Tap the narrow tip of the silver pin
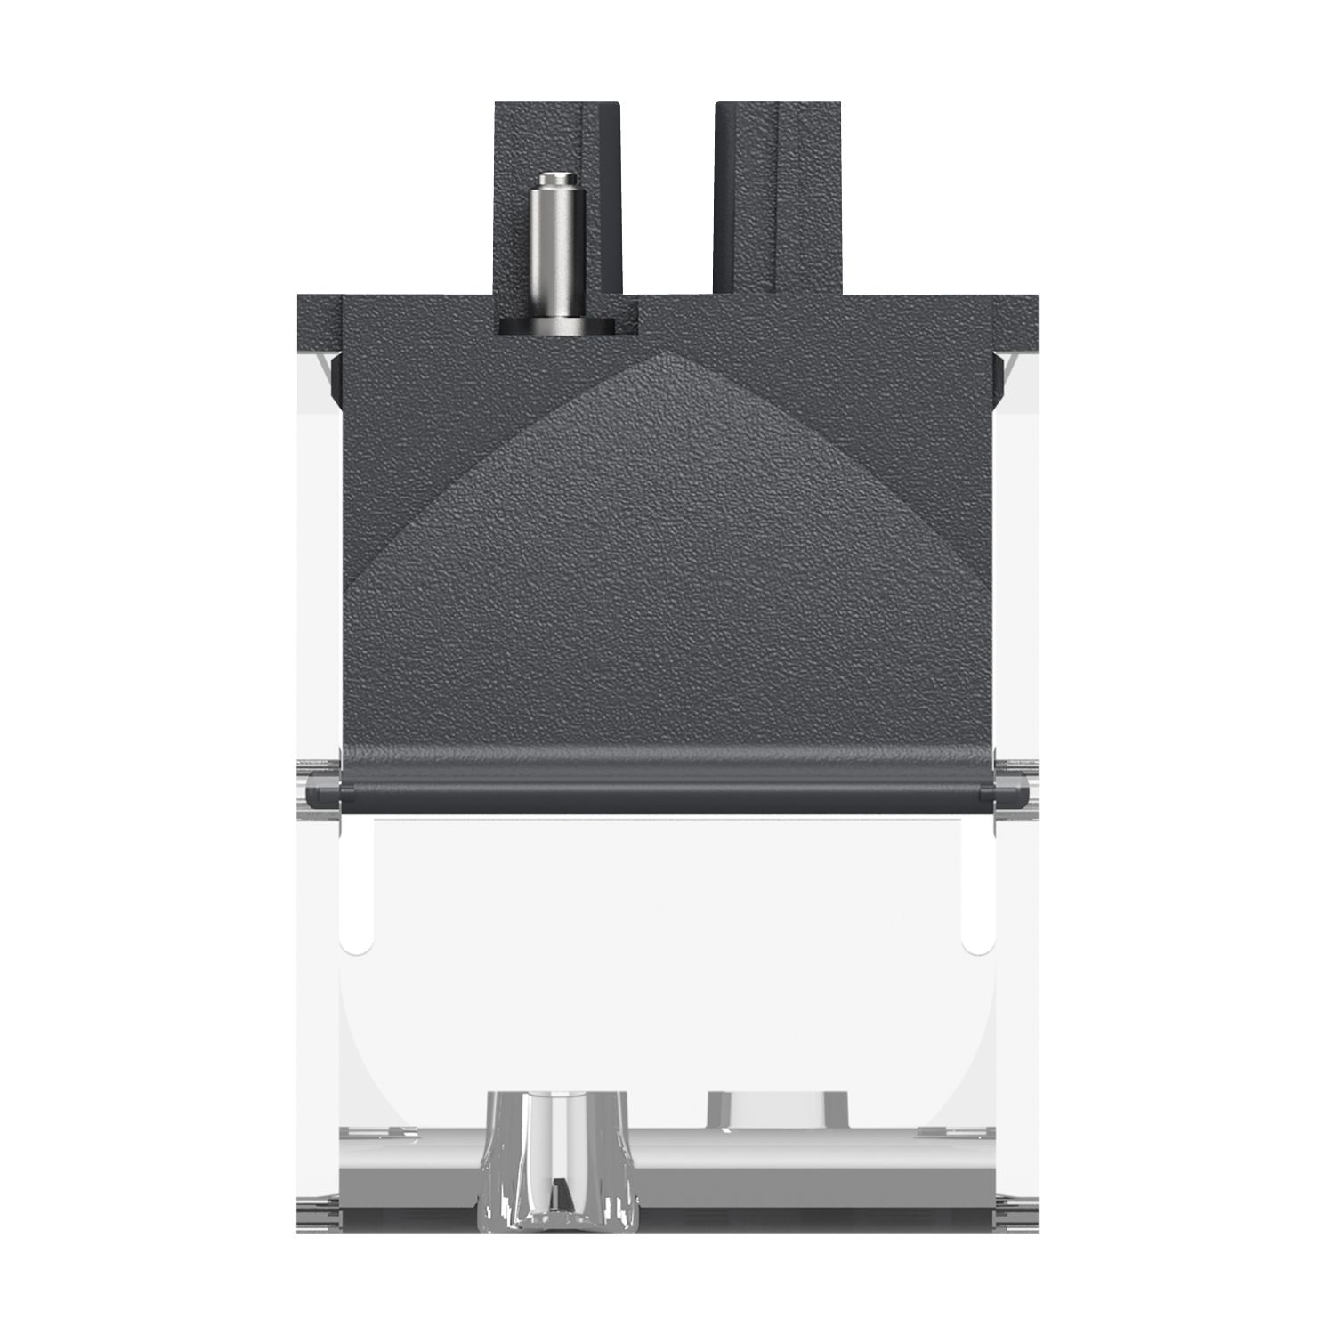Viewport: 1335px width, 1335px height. pos(554,183)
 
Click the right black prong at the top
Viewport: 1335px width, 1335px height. pos(779,196)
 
